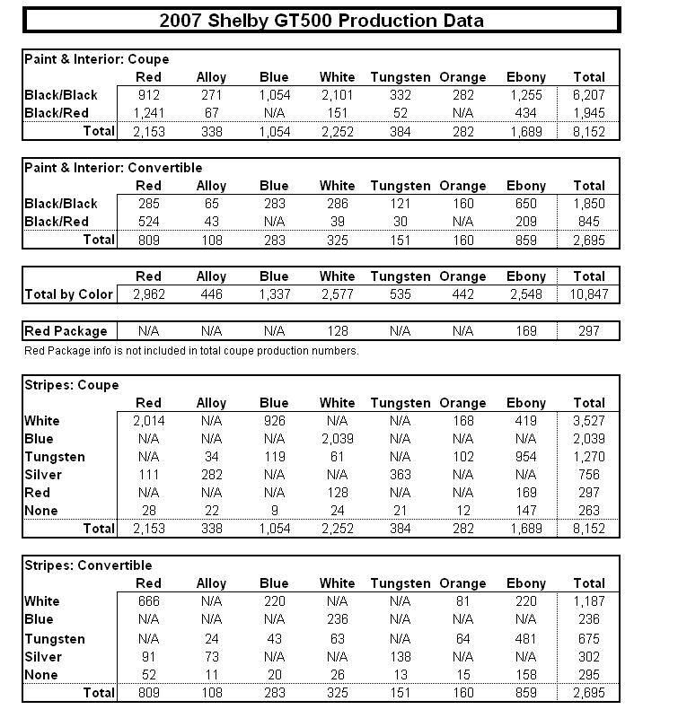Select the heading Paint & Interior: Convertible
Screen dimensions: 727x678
click(x=113, y=168)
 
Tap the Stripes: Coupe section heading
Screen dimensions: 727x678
click(x=72, y=385)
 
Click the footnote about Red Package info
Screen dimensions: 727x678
click(x=191, y=351)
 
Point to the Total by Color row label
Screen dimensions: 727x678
click(x=69, y=294)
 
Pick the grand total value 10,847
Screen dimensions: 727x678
click(x=588, y=294)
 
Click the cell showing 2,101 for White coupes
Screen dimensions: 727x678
click(x=337, y=95)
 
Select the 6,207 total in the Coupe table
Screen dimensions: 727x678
click(x=588, y=95)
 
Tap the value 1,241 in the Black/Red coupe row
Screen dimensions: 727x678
click(x=148, y=113)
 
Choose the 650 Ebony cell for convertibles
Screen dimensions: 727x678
click(x=525, y=204)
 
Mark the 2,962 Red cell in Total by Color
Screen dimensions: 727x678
click(x=148, y=294)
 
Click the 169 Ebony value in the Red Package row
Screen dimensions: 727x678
click(x=525, y=331)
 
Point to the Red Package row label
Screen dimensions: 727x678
click(x=66, y=331)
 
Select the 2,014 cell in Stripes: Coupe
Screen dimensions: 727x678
click(x=148, y=421)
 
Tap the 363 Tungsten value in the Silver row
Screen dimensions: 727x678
click(x=400, y=475)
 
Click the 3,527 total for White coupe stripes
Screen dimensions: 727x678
click(x=588, y=421)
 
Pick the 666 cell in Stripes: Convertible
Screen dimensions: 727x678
click(x=148, y=601)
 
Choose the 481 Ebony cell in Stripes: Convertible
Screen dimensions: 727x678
click(x=525, y=639)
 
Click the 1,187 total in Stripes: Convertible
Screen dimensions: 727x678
click(x=588, y=601)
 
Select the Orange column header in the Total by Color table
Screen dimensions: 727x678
click(x=462, y=276)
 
